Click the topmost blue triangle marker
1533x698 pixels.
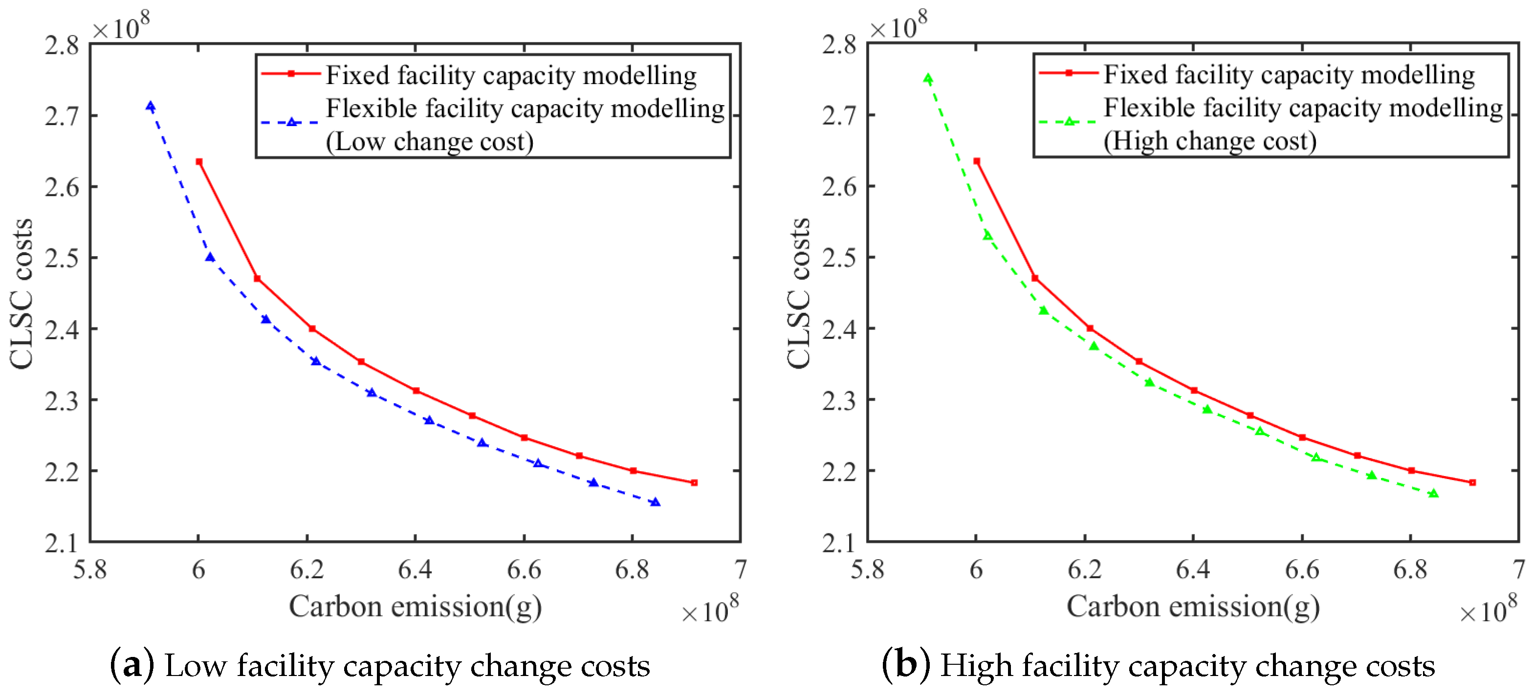click(x=151, y=107)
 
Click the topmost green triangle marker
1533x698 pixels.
click(x=928, y=79)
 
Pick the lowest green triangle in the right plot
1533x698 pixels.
click(x=1434, y=493)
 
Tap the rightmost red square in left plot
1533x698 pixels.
click(x=694, y=482)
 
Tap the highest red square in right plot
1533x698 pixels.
click(x=977, y=161)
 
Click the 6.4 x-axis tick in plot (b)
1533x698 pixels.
click(x=1193, y=569)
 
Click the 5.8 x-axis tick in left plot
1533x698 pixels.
click(x=90, y=569)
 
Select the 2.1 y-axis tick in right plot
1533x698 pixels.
click(x=839, y=543)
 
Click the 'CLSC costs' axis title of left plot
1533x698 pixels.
click(x=22, y=293)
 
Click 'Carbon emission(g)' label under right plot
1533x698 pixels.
click(x=1193, y=607)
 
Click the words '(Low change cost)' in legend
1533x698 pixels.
click(x=430, y=142)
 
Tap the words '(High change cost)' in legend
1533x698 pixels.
click(x=1210, y=141)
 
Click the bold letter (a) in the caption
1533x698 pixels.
click(x=131, y=665)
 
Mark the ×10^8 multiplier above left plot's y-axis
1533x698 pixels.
click(x=121, y=26)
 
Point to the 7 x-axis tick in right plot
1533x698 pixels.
click(x=1518, y=569)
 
